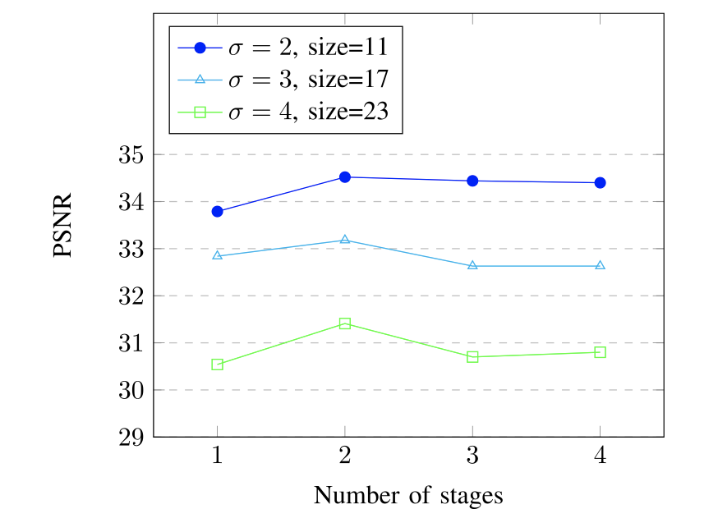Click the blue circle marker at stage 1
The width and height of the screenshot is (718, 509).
218,211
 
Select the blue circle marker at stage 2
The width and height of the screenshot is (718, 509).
345,177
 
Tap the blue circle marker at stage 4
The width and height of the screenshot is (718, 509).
600,182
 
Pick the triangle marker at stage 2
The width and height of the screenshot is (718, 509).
345,240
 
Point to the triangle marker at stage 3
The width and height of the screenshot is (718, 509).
472,265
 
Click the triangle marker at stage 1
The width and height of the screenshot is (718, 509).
218,255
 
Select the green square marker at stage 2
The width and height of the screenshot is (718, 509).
345,323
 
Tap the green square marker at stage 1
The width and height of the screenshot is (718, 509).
218,365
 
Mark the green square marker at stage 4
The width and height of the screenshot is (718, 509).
600,352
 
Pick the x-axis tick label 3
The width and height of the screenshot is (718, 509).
472,456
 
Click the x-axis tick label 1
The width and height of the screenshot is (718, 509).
218,456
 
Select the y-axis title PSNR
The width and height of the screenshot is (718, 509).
65,226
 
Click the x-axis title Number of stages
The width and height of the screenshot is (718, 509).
408,495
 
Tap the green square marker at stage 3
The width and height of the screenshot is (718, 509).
472,357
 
